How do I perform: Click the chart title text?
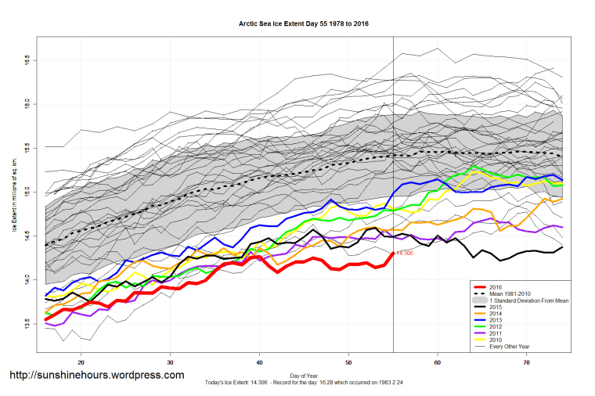[304, 23]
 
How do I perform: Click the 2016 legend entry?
[495, 286]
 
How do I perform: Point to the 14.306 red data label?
[404, 254]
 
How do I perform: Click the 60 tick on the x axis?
[437, 362]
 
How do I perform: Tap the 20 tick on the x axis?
[81, 362]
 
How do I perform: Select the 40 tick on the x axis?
[259, 362]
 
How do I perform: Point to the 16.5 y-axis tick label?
[27, 59]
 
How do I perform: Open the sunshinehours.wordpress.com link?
[96, 376]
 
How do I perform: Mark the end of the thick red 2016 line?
[391, 254]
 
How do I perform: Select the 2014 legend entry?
[495, 314]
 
